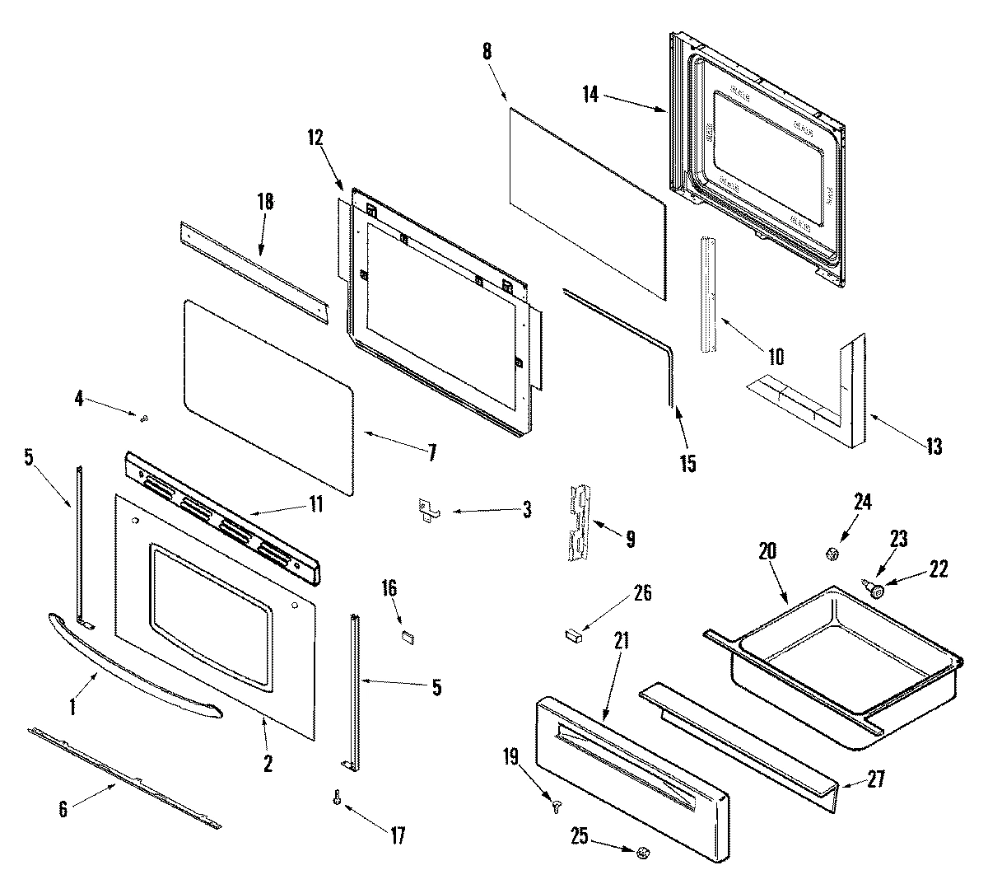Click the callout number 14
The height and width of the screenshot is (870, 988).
590,94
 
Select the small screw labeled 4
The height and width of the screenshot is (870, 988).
144,419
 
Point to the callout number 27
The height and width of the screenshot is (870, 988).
876,779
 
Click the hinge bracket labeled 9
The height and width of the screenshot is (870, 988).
580,523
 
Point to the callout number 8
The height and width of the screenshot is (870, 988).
487,51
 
